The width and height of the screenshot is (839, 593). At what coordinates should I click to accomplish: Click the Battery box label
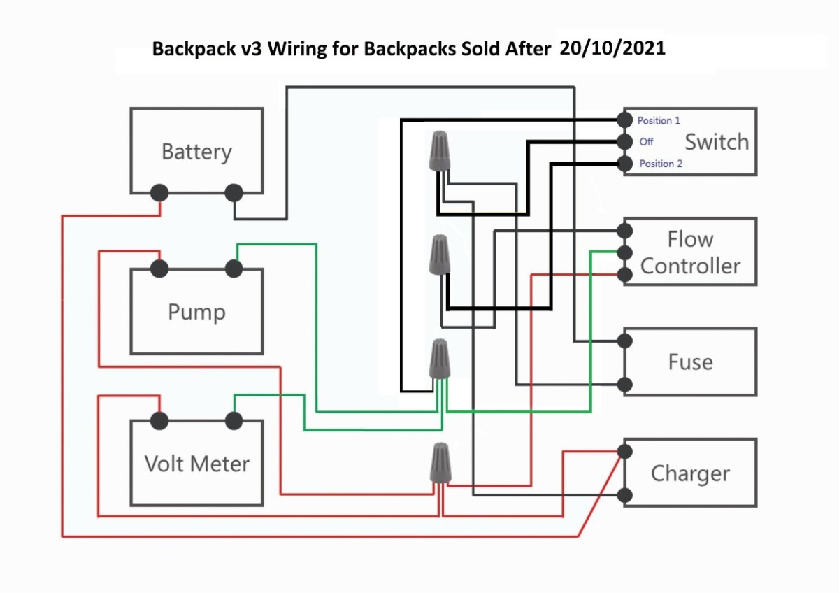[196, 152]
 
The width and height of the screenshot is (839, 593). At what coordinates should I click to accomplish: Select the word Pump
[196, 312]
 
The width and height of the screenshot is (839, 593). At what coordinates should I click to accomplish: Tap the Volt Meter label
[197, 464]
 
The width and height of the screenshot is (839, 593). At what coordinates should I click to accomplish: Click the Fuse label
[691, 362]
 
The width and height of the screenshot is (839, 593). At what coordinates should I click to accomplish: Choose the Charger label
[690, 473]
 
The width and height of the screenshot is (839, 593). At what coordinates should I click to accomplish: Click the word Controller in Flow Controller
[690, 266]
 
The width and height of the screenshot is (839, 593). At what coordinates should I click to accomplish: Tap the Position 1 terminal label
[659, 120]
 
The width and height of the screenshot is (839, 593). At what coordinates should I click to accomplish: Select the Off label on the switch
[646, 141]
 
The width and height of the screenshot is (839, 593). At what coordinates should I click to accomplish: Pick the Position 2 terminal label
[661, 164]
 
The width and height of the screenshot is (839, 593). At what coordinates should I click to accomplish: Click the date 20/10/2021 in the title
[612, 48]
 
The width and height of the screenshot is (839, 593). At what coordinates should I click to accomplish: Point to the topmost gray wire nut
[439, 151]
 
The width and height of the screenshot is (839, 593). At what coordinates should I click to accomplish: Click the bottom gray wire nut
[440, 463]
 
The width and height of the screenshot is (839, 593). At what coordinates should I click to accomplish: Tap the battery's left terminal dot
[159, 193]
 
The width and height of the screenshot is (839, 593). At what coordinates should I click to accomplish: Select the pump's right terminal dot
[234, 269]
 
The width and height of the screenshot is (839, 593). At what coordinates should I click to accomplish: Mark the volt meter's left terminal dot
[159, 421]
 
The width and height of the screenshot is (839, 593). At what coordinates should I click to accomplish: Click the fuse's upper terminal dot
[624, 341]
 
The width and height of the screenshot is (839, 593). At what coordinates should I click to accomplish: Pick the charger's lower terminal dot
[624, 496]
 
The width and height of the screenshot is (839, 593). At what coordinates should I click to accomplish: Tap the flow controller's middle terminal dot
[624, 253]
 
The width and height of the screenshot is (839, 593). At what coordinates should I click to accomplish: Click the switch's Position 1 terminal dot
[624, 120]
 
